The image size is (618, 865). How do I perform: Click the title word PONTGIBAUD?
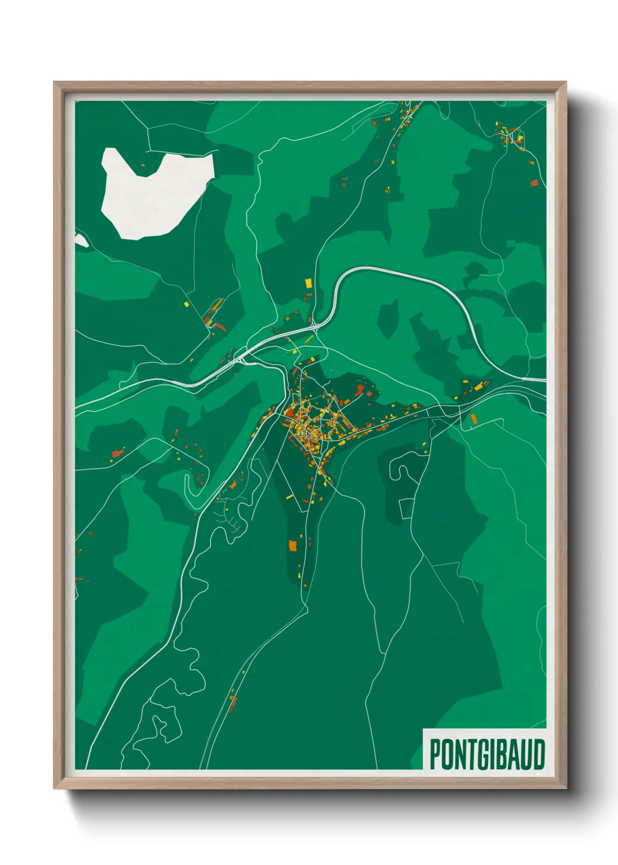point(487,754)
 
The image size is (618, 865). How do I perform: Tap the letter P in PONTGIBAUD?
point(436,754)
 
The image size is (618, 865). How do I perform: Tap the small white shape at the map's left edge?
point(81,240)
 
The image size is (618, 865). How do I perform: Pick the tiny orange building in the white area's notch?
point(143,166)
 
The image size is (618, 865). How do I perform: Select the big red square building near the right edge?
point(534,183)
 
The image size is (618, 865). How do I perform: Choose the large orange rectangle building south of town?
point(293,546)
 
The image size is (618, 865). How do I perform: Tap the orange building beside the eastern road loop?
point(474,418)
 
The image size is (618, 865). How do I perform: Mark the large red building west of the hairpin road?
point(119,452)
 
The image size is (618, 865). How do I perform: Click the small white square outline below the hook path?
point(406,508)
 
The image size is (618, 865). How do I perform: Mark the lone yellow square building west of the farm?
point(186,304)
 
